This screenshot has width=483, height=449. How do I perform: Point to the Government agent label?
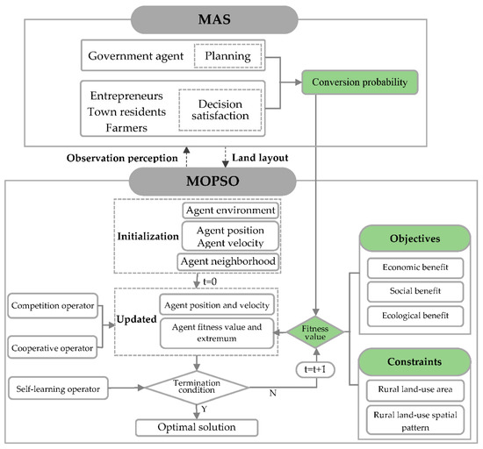(x=135, y=59)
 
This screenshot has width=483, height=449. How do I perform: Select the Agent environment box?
(x=230, y=210)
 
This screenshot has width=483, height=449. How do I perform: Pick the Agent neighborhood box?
(x=230, y=261)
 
